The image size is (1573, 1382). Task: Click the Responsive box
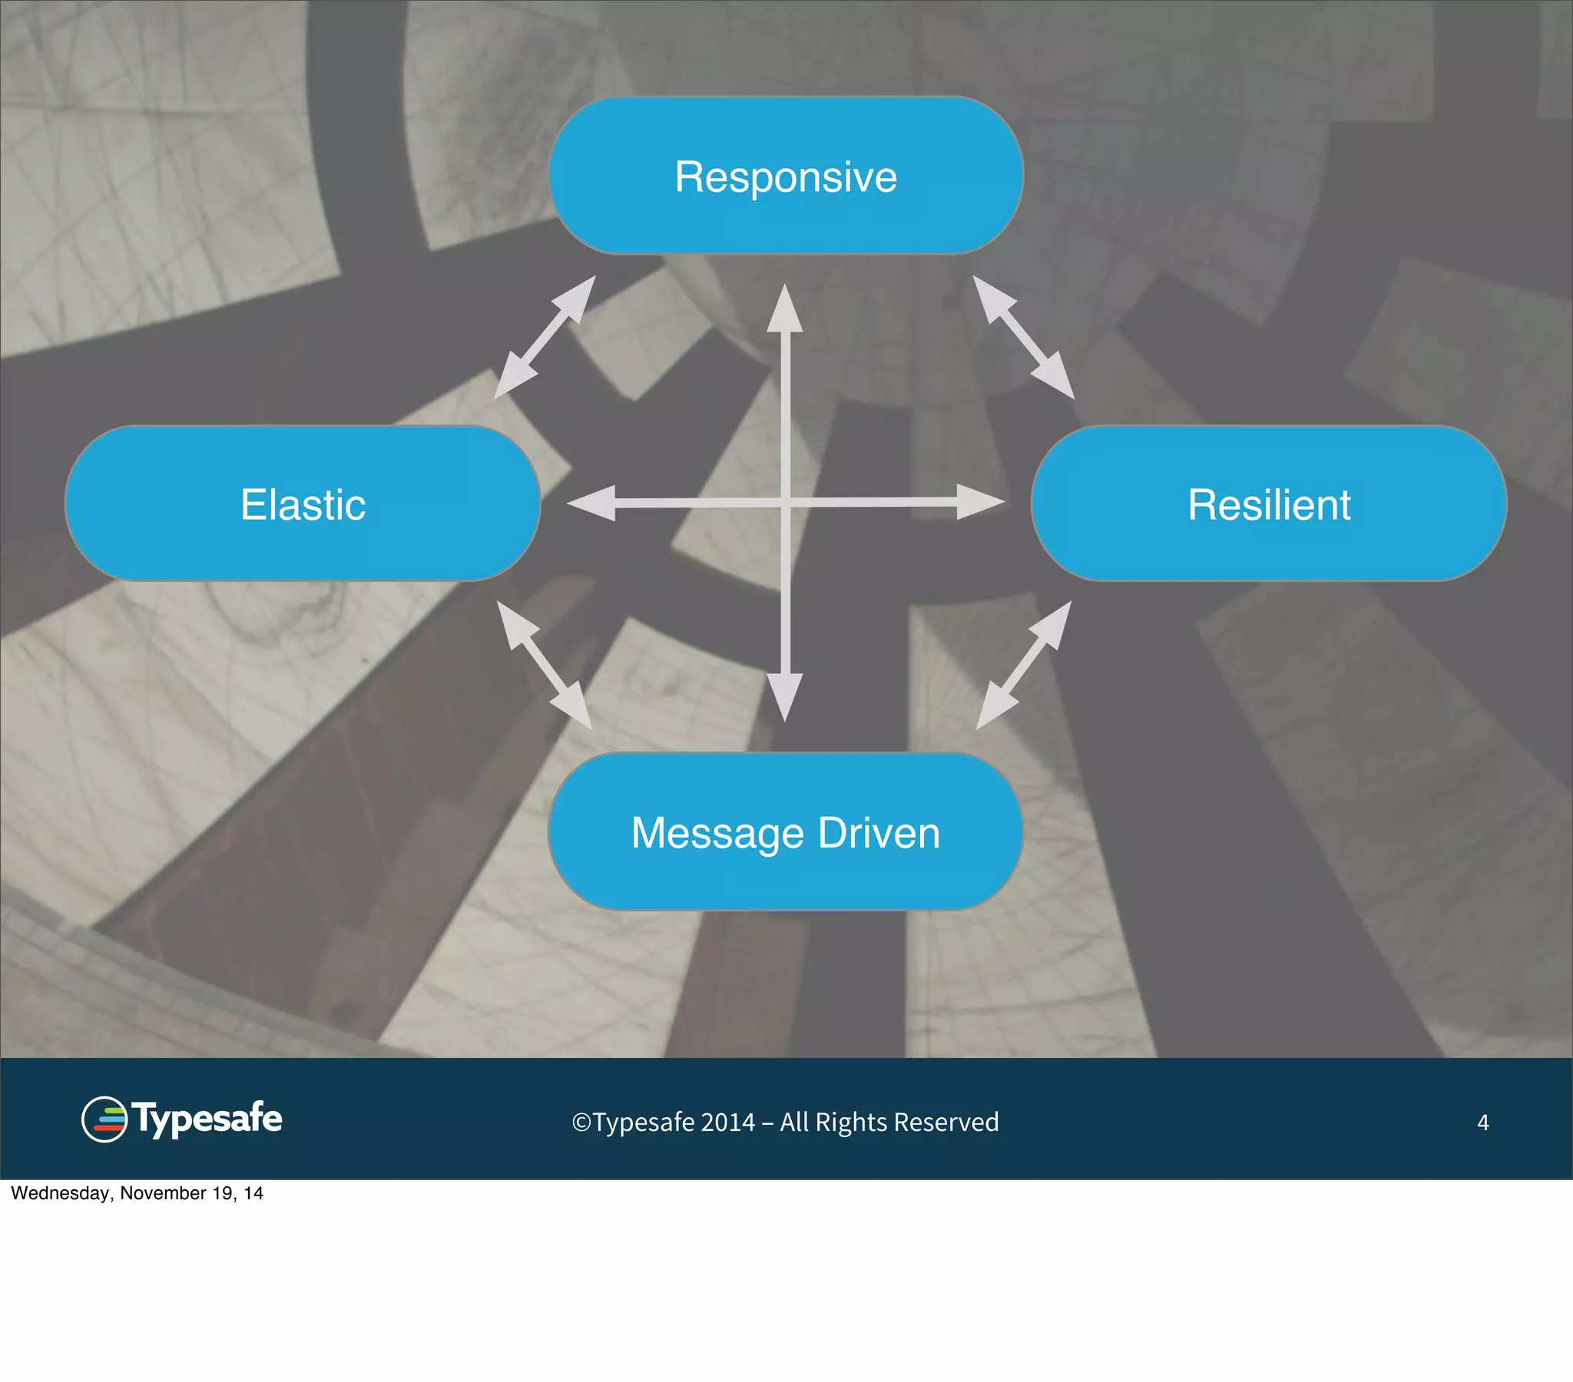pos(786,176)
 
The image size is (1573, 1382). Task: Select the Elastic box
pos(303,503)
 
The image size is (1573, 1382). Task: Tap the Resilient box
pos(1268,503)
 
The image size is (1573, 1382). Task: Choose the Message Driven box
pos(786,831)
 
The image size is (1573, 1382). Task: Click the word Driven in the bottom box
pos(879,832)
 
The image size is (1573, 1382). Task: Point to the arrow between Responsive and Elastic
pos(545,337)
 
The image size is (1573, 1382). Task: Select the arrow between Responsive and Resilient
pos(1024,337)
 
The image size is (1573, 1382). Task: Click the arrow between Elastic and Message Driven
pos(545,665)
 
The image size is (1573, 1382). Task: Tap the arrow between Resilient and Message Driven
pos(1024,665)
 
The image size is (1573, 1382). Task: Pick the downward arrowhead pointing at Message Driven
pos(785,696)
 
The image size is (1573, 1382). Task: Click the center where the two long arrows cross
pos(785,503)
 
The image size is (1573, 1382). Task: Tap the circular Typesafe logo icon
pos(104,1119)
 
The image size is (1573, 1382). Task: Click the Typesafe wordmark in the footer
pos(207,1119)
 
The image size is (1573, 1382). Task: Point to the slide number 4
pos(1482,1122)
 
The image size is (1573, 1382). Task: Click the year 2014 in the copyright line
pos(727,1122)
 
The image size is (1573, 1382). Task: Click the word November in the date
pos(163,1193)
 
